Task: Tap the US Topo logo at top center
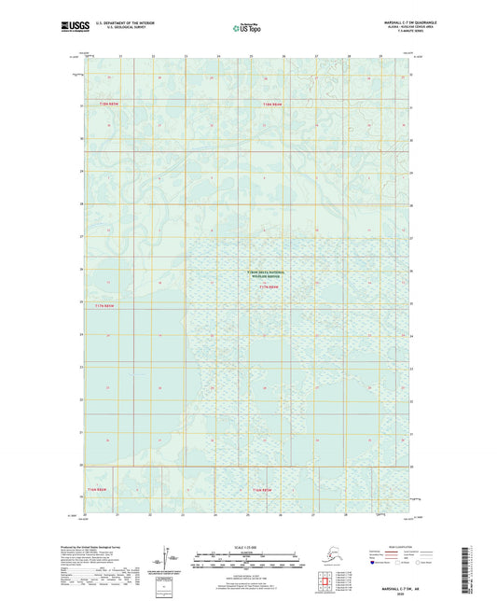247,29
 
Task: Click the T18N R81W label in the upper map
271,102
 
